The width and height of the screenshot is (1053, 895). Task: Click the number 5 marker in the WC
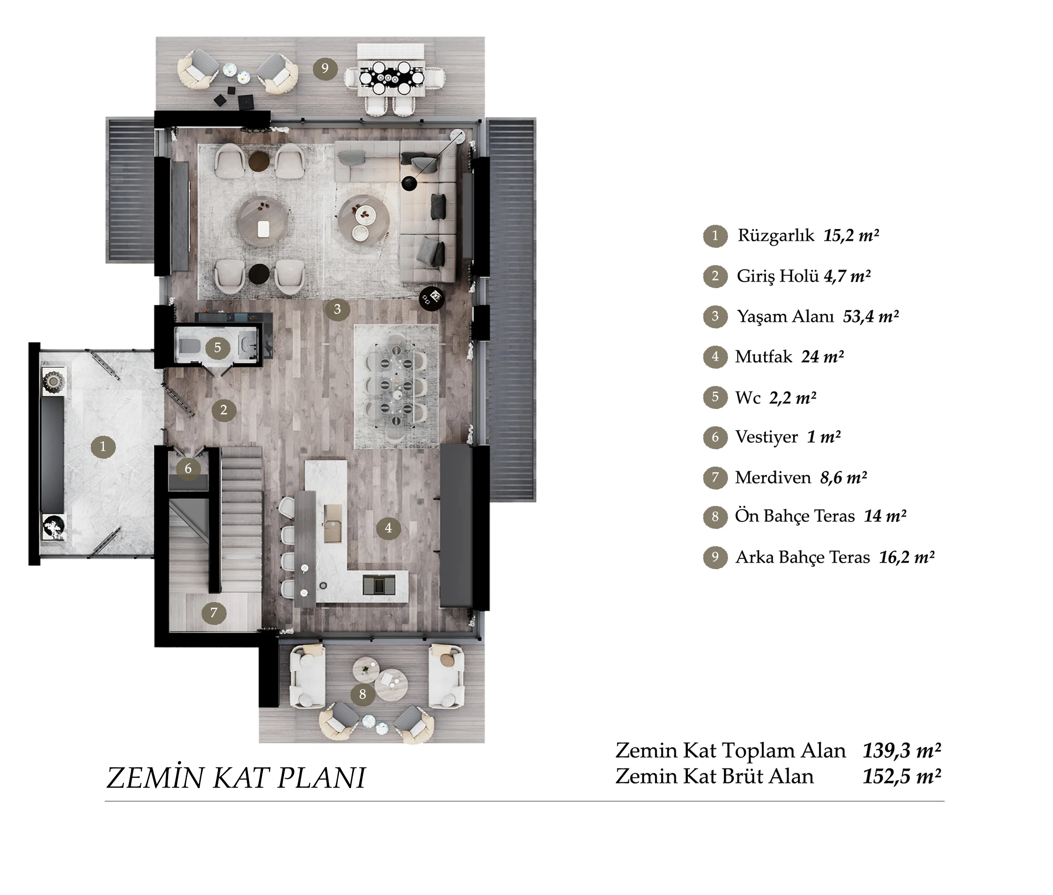218,348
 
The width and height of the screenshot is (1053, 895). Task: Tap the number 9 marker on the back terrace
325,68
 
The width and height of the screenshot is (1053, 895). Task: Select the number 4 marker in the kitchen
388,528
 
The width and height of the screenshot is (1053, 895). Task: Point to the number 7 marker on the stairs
214,613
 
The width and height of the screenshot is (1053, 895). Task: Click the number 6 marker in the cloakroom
188,468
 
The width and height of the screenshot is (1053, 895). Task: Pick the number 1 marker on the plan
103,447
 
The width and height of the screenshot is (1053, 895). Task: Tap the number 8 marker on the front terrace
362,694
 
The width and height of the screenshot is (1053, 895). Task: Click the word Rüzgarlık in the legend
775,235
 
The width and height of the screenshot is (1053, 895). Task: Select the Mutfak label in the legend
763,357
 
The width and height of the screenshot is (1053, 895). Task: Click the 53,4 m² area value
871,316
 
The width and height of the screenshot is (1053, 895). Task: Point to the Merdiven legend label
773,477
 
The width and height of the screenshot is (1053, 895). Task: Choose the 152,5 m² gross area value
902,777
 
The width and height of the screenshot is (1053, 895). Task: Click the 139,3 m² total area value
902,751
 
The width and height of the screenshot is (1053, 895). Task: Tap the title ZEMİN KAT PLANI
236,778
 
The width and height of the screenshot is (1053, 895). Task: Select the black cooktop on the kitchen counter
379,584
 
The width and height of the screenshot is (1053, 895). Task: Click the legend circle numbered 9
715,557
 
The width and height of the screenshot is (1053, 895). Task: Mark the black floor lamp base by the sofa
410,183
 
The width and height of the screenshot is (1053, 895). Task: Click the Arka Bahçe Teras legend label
803,558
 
